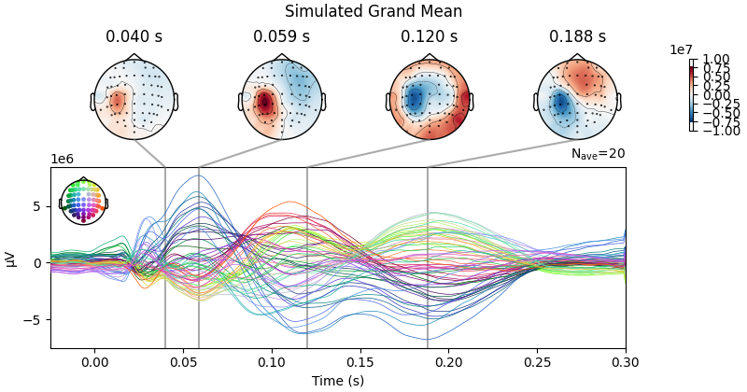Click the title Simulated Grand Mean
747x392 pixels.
tap(373, 11)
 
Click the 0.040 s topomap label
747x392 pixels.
tap(134, 37)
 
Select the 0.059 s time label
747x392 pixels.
tap(281, 37)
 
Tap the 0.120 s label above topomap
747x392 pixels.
tap(429, 37)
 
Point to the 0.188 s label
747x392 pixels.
tap(577, 37)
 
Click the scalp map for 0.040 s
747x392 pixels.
tap(134, 99)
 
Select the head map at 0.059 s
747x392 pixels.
tap(282, 99)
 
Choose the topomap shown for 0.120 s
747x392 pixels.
tap(430, 99)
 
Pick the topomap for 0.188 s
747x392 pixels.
tap(577, 99)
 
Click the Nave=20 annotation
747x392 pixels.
tap(598, 154)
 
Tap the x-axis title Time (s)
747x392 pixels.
tap(338, 381)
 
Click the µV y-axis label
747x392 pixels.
tap(10, 259)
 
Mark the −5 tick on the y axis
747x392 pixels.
tap(35, 320)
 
